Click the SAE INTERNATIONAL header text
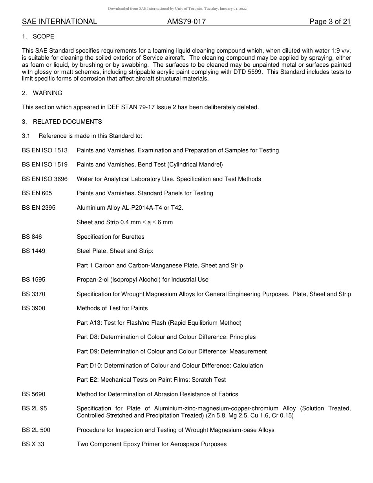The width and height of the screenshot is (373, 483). click(59, 22)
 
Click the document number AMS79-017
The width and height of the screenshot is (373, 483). click(186, 22)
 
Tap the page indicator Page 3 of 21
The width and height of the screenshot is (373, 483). click(330, 22)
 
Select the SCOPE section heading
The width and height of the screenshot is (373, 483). click(43, 37)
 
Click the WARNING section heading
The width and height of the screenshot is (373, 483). click(47, 93)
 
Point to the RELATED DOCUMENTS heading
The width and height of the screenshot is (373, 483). click(67, 122)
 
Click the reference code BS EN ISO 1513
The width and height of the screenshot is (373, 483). click(45, 150)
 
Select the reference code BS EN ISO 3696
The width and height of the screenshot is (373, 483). click(45, 179)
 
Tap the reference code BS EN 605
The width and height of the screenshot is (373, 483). click(37, 193)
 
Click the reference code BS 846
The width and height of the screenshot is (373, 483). click(32, 237)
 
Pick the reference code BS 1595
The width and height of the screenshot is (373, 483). click(33, 280)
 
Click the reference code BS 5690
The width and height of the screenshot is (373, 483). click(33, 394)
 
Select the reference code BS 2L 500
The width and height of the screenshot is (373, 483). click(36, 430)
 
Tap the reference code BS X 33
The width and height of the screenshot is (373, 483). click(33, 444)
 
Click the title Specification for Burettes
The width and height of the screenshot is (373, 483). click(110, 237)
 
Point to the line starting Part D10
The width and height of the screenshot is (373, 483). click(170, 366)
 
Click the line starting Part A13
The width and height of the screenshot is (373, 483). click(159, 323)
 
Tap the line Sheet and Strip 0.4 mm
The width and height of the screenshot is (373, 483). click(124, 222)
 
